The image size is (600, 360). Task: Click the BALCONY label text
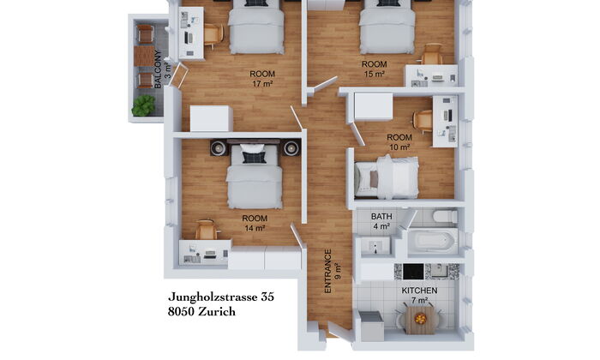tap(158, 69)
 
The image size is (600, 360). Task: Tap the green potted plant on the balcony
tap(143, 105)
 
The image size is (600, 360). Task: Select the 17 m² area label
tap(262, 83)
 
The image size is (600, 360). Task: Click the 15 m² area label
tap(375, 74)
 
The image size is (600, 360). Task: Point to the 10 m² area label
tap(399, 147)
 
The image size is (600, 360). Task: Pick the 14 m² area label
tap(255, 228)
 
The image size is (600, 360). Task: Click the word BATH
tap(381, 217)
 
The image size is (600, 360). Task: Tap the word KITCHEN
tap(419, 291)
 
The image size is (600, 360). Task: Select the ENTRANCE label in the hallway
tap(328, 271)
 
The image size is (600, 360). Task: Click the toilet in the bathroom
tap(446, 216)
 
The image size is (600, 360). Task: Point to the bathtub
tap(433, 241)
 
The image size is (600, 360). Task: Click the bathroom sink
tap(375, 245)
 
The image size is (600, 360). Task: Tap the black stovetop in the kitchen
tap(413, 271)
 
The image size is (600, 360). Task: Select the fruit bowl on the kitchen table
tap(420, 318)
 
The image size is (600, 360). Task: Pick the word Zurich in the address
tap(217, 312)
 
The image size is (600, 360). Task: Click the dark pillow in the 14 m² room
tap(254, 157)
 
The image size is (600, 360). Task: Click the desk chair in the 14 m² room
tap(207, 230)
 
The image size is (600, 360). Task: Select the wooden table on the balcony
tap(145, 57)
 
